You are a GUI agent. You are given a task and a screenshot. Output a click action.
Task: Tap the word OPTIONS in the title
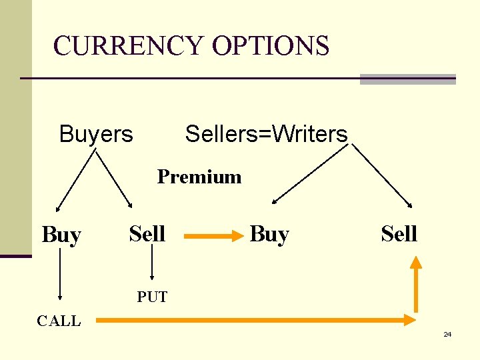pos(271,47)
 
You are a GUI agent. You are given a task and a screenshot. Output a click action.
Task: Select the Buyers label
pos(96,134)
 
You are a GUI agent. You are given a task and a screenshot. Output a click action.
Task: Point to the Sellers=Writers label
pos(266,134)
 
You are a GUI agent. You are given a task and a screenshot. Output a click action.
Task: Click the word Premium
pos(199,177)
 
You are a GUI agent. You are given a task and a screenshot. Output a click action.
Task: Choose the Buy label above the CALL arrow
pos(61,235)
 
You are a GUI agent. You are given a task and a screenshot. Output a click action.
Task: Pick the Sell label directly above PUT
pos(147,234)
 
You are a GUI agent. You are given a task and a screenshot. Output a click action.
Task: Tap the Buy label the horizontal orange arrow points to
pos(269,235)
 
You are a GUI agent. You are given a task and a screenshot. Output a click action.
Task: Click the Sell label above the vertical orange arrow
pos(399,234)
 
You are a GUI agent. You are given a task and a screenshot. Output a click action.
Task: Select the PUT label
pos(152,297)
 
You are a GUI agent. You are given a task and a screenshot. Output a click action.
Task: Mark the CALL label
pos(59,321)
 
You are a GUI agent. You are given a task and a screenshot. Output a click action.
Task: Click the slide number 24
pos(447,334)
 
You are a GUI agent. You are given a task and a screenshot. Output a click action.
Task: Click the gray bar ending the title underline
pos(407,79)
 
